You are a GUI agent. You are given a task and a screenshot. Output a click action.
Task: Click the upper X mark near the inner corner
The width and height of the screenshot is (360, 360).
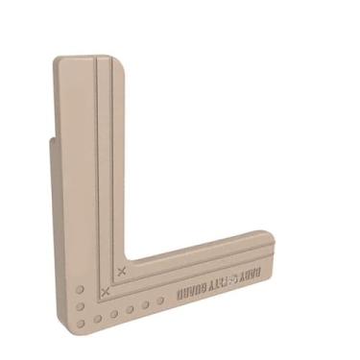(120, 271)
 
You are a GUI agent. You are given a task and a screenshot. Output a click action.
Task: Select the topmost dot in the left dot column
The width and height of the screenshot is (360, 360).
(80, 288)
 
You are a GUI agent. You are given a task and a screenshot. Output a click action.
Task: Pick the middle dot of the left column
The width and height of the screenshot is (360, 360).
(80, 301)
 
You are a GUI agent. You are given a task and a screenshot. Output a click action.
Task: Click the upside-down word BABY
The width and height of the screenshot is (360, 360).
(256, 271)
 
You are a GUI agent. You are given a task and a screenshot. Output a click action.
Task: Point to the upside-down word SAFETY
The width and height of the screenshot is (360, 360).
(225, 279)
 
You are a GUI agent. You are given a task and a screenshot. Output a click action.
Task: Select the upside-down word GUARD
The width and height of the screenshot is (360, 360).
(191, 288)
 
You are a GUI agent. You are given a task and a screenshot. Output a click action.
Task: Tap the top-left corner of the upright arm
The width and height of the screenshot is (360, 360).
(57, 61)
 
